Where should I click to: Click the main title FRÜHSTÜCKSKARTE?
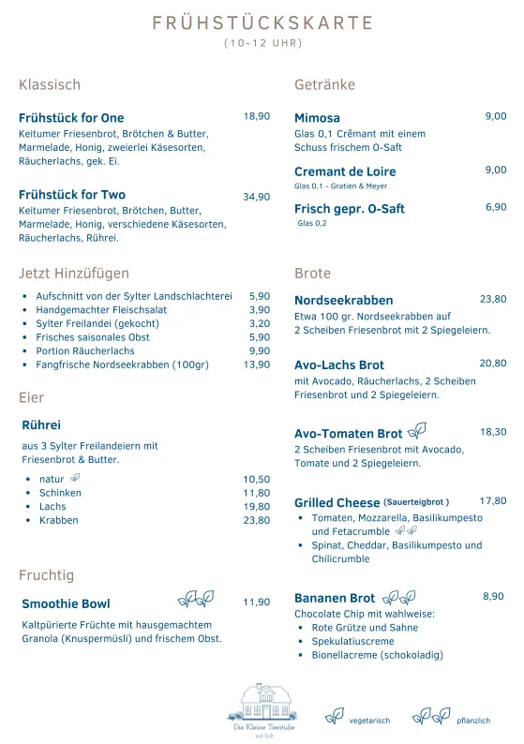pos(262,23)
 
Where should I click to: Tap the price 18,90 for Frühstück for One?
pos(257,116)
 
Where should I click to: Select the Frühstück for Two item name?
pos(72,195)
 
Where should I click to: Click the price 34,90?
pos(257,197)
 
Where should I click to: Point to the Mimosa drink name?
pos(317,118)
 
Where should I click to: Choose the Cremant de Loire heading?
pos(345,171)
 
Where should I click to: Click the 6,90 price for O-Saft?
pos(496,207)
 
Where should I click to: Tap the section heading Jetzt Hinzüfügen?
pos(74,274)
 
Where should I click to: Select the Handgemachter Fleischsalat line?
pos(101,309)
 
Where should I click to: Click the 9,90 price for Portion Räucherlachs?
pos(260,350)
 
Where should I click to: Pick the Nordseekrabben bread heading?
pos(344,301)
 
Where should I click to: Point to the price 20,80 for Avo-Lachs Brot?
pos(493,363)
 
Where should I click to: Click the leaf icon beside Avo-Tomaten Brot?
pos(417,431)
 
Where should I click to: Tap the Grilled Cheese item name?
pos(337,503)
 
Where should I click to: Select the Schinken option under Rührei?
pos(59,493)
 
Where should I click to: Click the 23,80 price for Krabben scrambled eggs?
pos(257,520)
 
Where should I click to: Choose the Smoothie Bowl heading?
pos(66,603)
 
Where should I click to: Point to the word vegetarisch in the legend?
pos(369,721)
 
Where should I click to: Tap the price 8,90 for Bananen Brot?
pos(493,596)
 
